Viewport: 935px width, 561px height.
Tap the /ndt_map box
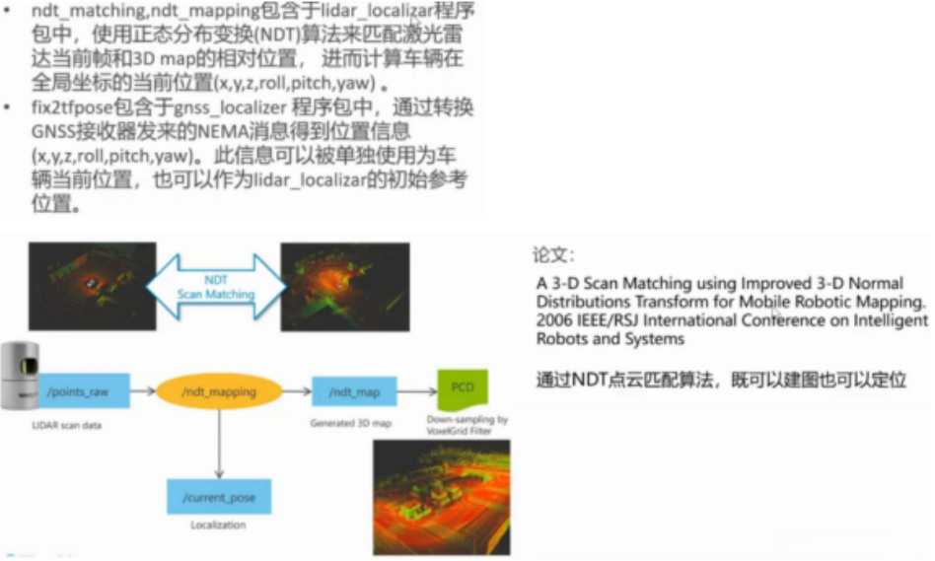pyautogui.click(x=353, y=391)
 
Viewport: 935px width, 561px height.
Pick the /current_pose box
pyautogui.click(x=218, y=497)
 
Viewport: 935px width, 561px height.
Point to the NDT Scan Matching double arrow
pyautogui.click(x=216, y=286)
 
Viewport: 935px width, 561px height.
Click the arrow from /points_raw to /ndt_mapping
pyautogui.click(x=144, y=391)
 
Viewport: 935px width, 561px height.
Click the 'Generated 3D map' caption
pyautogui.click(x=352, y=422)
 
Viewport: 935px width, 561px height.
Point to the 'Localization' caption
pyautogui.click(x=218, y=526)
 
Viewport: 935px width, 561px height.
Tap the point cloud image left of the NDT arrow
pyautogui.click(x=93, y=286)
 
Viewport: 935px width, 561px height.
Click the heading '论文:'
pyautogui.click(x=553, y=255)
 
